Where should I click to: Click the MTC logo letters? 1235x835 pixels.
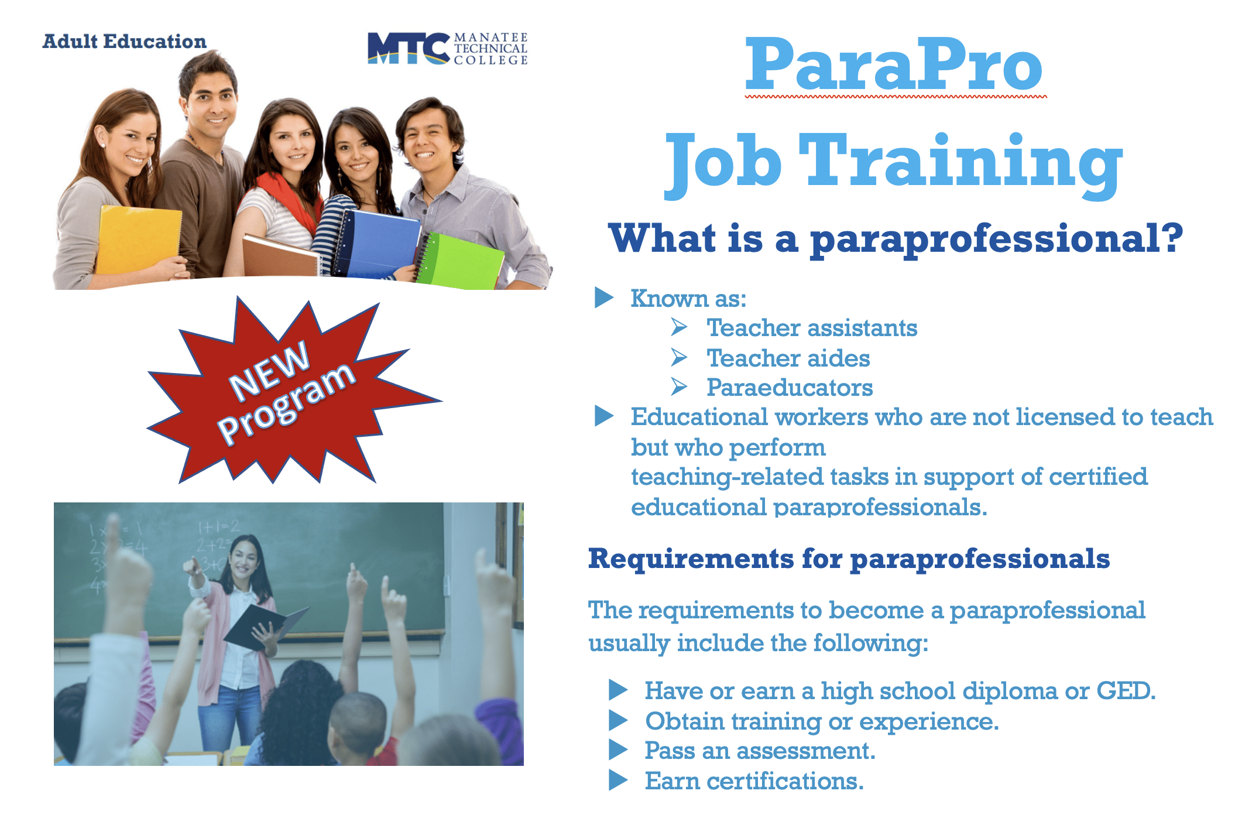coord(409,48)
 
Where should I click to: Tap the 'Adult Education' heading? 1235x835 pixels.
coord(125,42)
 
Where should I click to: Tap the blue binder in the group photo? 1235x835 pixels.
coord(378,243)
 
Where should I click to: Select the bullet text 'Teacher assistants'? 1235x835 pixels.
coord(812,328)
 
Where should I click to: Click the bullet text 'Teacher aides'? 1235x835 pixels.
coord(788,358)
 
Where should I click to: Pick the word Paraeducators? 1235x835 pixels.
coord(790,388)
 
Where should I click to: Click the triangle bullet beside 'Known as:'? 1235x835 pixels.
coord(603,297)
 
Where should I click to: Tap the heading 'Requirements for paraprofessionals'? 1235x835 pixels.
coord(849,559)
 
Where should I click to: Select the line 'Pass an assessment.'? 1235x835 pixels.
coord(760,751)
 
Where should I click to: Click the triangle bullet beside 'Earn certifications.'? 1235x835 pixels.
coord(618,781)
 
